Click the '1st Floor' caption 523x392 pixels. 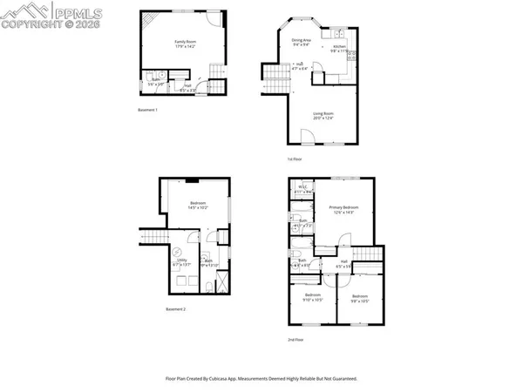pyautogui.click(x=295, y=159)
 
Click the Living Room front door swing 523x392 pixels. pyautogui.click(x=306, y=135)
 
